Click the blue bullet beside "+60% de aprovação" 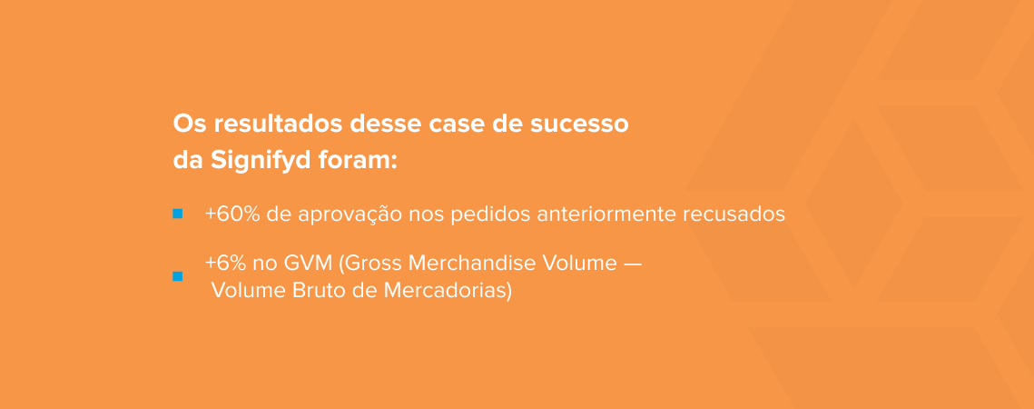[x=178, y=214]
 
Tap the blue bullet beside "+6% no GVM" [x=178, y=276]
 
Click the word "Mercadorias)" [x=448, y=291]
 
